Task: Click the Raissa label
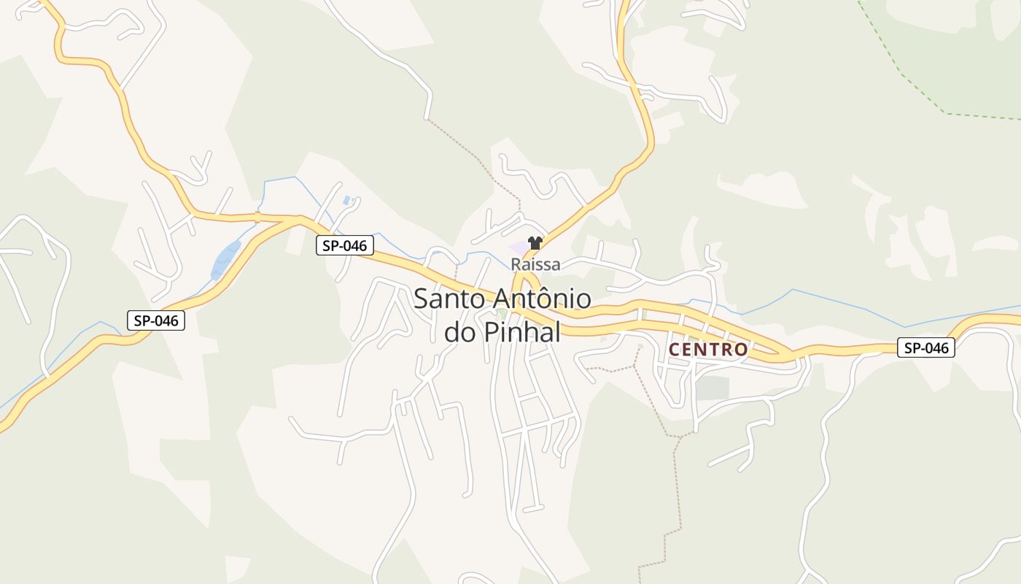tap(535, 264)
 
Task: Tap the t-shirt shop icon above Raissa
tap(535, 243)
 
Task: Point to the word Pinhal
tap(522, 332)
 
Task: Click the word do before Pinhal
tap(460, 332)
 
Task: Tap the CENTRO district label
tap(708, 350)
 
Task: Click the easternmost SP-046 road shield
tap(925, 347)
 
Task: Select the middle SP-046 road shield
tap(345, 245)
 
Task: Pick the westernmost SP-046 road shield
tap(156, 320)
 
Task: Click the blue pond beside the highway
tap(225, 260)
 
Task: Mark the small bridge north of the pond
tap(257, 216)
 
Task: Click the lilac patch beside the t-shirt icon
tap(519, 246)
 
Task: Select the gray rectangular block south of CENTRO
tap(713, 388)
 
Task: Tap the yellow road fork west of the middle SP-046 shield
tap(298, 218)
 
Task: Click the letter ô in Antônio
tap(545, 299)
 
